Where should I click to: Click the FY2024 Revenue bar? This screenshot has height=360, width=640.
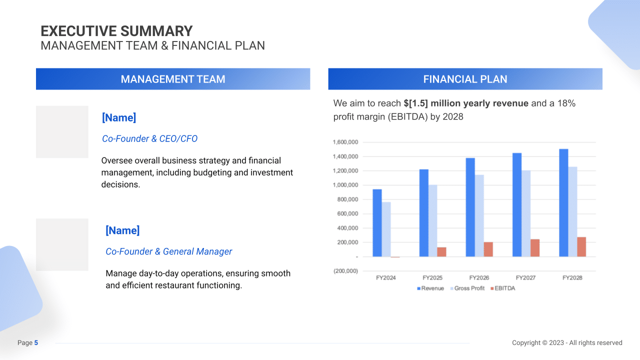point(377,223)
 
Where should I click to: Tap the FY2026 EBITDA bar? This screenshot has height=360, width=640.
point(488,249)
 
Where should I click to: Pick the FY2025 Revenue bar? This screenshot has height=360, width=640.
point(423,213)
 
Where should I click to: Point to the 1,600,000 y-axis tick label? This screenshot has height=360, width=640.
point(345,142)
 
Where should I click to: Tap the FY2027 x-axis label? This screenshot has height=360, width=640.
point(525,277)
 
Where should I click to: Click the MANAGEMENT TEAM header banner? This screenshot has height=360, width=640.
point(173,79)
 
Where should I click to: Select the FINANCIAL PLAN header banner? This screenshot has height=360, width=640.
point(465,79)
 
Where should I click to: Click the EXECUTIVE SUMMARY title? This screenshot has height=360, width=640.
point(116,31)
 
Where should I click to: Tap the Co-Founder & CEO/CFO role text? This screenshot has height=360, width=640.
point(149,138)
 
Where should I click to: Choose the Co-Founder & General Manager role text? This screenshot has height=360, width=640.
point(168,251)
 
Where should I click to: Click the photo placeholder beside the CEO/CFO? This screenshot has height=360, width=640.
point(62,132)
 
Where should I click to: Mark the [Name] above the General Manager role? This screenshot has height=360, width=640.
point(122,230)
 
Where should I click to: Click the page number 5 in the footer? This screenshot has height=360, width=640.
point(36,343)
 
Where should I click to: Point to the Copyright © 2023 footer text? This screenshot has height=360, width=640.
point(567,343)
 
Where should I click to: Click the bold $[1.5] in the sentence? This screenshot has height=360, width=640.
point(415,103)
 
